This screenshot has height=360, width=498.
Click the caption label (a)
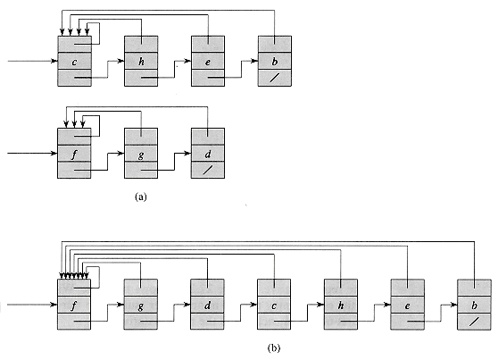[141, 197]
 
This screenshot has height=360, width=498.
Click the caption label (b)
[274, 347]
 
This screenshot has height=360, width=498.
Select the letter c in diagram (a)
[74, 62]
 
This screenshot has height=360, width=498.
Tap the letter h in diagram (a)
[141, 61]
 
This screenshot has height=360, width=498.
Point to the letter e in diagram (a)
[208, 62]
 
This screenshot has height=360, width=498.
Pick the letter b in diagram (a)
[274, 61]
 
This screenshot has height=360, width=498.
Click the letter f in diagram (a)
[74, 155]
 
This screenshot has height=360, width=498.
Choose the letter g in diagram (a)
[141, 155]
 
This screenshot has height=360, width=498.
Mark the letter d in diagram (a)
[208, 154]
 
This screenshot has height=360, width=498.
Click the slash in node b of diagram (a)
[275, 78]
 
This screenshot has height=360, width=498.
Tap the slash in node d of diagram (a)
[208, 171]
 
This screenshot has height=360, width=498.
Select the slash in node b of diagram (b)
[474, 322]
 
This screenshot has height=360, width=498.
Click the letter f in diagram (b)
[74, 306]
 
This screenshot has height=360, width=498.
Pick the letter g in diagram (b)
[140, 306]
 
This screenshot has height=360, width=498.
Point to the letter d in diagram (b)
[207, 306]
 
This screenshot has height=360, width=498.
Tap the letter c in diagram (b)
[274, 306]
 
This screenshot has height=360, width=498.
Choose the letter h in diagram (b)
[340, 306]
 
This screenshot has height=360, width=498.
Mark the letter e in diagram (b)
[407, 306]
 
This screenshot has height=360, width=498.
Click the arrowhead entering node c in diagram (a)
[55, 61]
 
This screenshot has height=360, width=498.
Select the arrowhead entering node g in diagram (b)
[121, 305]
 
